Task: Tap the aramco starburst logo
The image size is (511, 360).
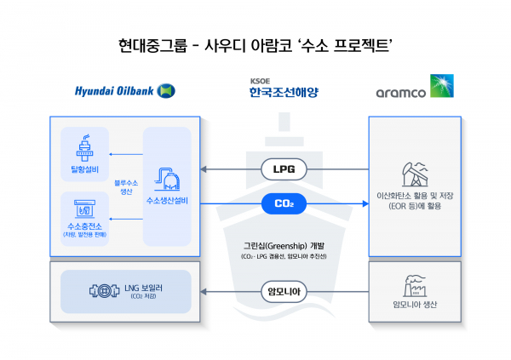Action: pos(443,86)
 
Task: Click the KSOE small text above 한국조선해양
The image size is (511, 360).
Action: pos(259,81)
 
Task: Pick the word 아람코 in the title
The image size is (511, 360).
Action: pos(283,43)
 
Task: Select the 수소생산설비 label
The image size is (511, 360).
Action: pos(167,201)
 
